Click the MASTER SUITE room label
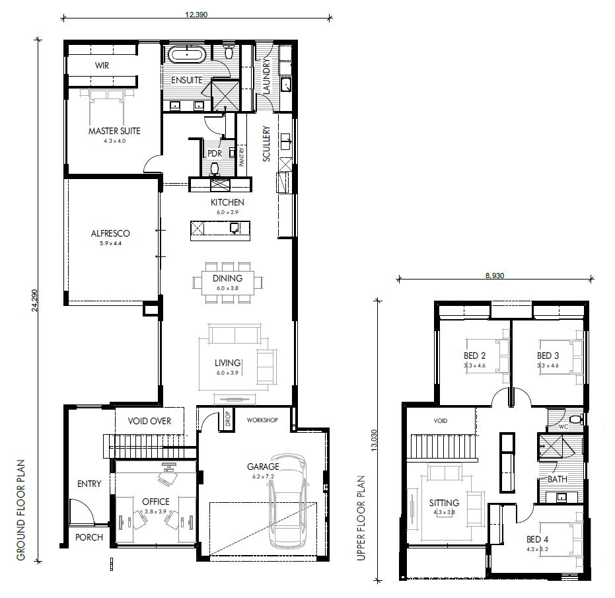pyautogui.click(x=114, y=131)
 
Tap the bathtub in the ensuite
pyautogui.click(x=186, y=55)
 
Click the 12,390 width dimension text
pyautogui.click(x=196, y=15)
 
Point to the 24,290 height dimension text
pyautogui.click(x=35, y=301)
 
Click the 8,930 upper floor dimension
pyautogui.click(x=495, y=276)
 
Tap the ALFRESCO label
pyautogui.click(x=110, y=233)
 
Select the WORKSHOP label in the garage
pyautogui.click(x=262, y=420)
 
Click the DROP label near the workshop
pyautogui.click(x=228, y=419)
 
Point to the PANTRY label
pyautogui.click(x=242, y=157)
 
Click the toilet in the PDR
pyautogui.click(x=215, y=169)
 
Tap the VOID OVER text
pyautogui.click(x=149, y=421)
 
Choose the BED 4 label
pyautogui.click(x=537, y=539)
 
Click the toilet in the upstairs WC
pyautogui.click(x=576, y=419)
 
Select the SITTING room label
pyautogui.click(x=444, y=503)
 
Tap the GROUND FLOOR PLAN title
pyautogui.click(x=20, y=510)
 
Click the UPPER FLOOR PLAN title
pyautogui.click(x=361, y=518)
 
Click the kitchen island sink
pyautogui.click(x=235, y=228)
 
